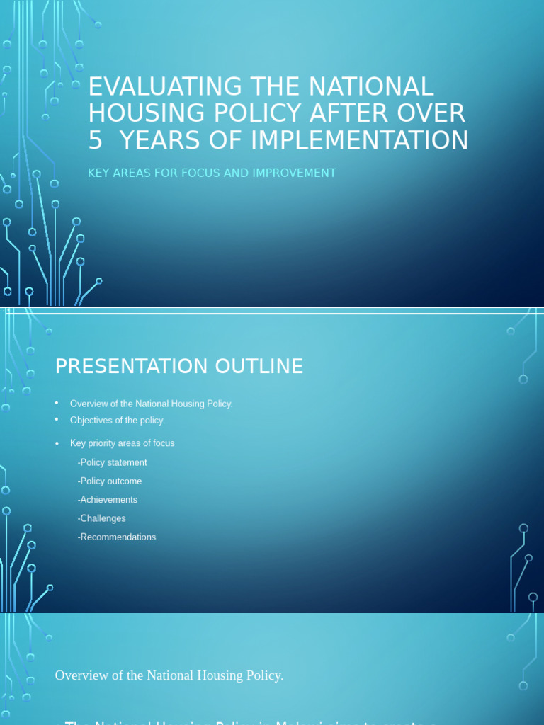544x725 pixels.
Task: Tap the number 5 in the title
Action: [x=95, y=140]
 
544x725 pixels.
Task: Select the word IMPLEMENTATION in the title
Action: [x=359, y=140]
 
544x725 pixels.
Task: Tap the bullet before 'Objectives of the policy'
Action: [x=57, y=420]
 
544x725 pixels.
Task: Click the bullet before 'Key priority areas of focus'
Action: [x=57, y=443]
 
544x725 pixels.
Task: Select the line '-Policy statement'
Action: [x=112, y=462]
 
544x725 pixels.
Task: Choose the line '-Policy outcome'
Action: [x=109, y=481]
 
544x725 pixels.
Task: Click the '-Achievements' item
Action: [x=107, y=500]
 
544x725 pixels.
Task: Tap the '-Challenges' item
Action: [x=101, y=518]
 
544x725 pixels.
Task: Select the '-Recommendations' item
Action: [x=116, y=537]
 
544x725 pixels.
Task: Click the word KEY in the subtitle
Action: [x=99, y=173]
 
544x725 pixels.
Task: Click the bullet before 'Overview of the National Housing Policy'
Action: [x=57, y=403]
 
